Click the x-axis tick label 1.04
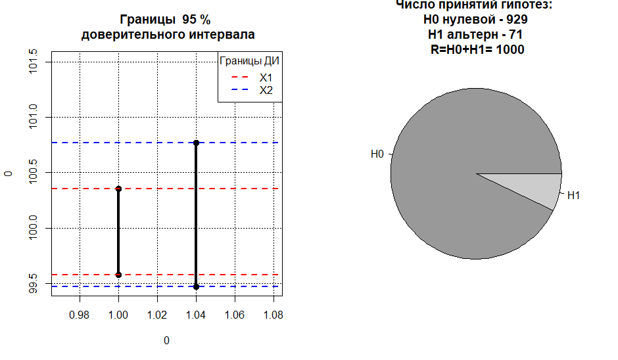196,315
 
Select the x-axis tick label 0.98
80,315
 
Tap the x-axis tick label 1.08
273,315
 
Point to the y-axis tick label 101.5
34,62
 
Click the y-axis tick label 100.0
34,228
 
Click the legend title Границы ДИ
250,62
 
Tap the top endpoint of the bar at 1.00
118,189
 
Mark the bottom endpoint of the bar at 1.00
118,275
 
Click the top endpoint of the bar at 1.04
196,143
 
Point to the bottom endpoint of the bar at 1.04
196,286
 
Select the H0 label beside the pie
377,154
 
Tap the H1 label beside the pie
573,195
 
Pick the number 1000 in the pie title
510,49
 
